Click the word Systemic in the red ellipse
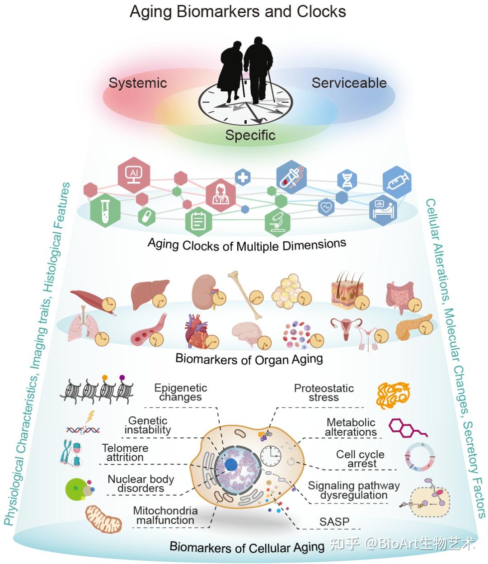point(138,83)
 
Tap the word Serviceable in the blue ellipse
point(349,83)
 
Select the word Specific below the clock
point(250,135)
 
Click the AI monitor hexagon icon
point(134,175)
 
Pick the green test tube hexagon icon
point(105,210)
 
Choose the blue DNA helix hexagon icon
point(347,180)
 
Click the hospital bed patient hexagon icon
point(383,210)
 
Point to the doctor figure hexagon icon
point(221,195)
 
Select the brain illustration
point(247,334)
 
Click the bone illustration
point(245,295)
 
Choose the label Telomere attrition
point(125,452)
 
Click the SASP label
point(334,522)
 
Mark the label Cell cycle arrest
point(360,459)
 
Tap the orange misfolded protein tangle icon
point(393,395)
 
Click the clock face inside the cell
point(271,456)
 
